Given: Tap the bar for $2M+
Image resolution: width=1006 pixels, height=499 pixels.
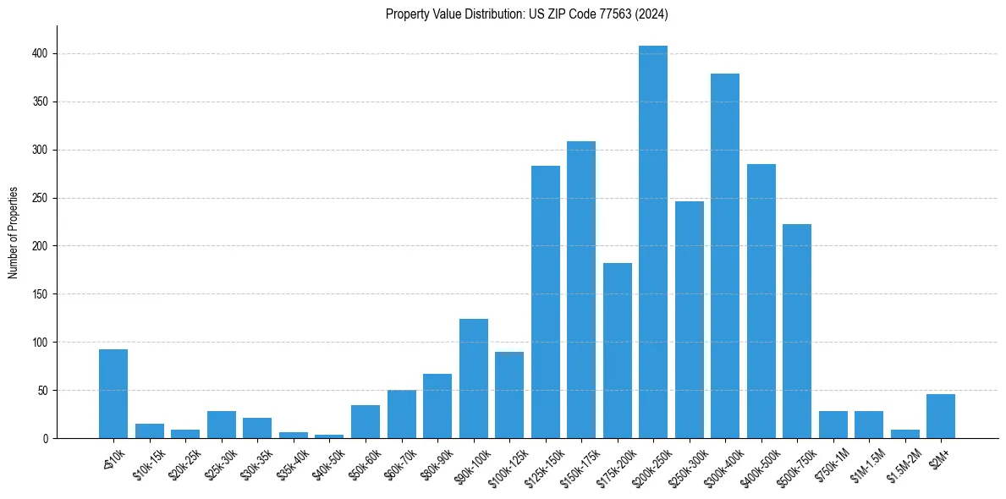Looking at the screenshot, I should coord(941,416).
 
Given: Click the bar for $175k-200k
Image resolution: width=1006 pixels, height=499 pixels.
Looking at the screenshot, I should coord(618,351).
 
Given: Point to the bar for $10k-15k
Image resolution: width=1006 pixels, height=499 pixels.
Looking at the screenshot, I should coord(150,431).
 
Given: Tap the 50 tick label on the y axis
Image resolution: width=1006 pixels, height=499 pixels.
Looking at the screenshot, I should coord(44,391).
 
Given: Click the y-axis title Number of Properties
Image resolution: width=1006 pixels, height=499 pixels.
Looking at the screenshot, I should coord(13,233).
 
